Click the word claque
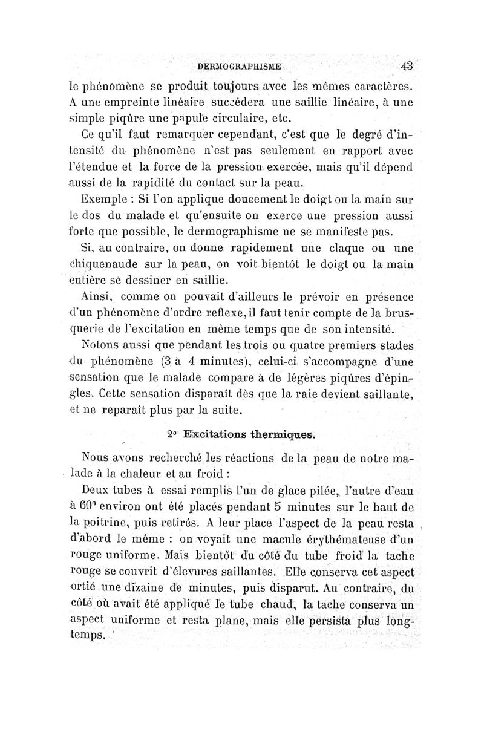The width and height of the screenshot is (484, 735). (x=364, y=248)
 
